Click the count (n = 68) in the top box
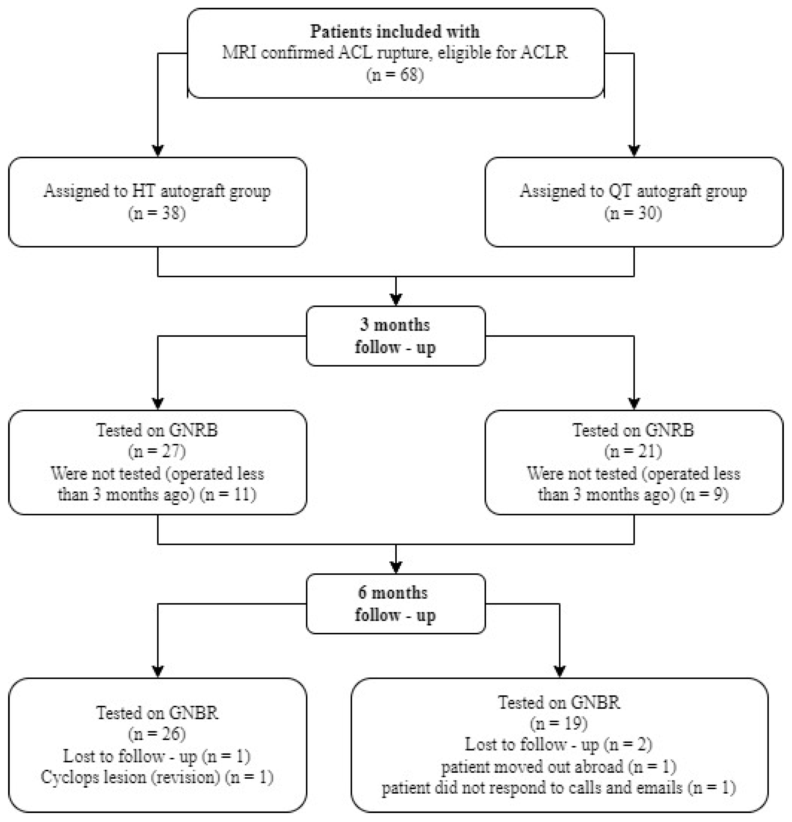tap(395, 75)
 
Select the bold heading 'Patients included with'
tap(395, 31)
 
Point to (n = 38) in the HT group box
tap(157, 213)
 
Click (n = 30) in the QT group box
tap(633, 213)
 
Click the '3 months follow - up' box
tap(395, 336)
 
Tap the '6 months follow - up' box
tap(395, 604)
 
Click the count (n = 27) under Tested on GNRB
tap(157, 451)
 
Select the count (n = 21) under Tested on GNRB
tap(633, 451)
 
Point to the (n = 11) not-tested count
tap(228, 495)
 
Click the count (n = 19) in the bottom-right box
tap(558, 723)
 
